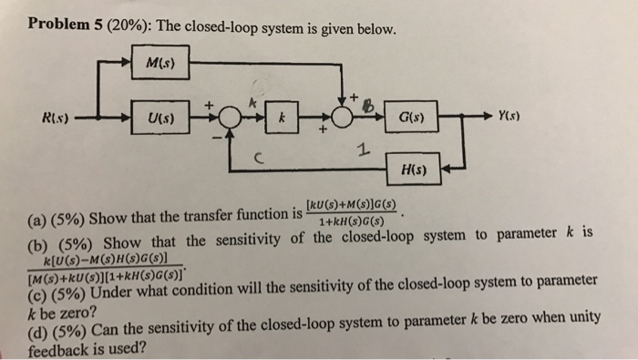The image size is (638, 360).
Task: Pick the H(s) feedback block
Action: [x=420, y=170]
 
